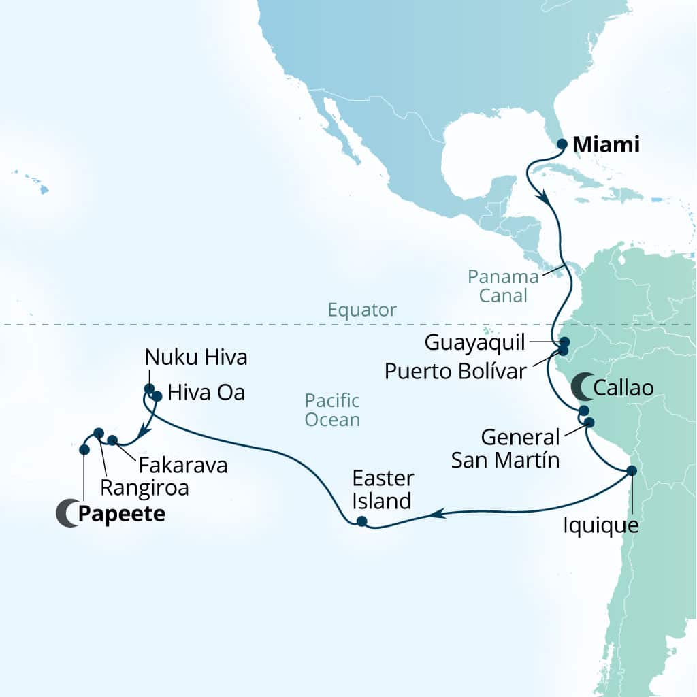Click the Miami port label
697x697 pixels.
pyautogui.click(x=606, y=145)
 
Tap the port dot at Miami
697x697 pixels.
pyautogui.click(x=562, y=144)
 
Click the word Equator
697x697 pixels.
pyautogui.click(x=361, y=310)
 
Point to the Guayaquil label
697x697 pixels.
pyautogui.click(x=475, y=342)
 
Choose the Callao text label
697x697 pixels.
pyautogui.click(x=623, y=388)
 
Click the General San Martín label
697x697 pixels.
pyautogui.click(x=505, y=449)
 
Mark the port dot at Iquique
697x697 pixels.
pyautogui.click(x=632, y=470)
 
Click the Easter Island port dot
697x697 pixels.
pyautogui.click(x=361, y=522)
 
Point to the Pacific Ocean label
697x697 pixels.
pyautogui.click(x=332, y=410)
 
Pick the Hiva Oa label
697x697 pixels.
pyautogui.click(x=206, y=393)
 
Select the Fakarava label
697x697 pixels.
pyautogui.click(x=182, y=466)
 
